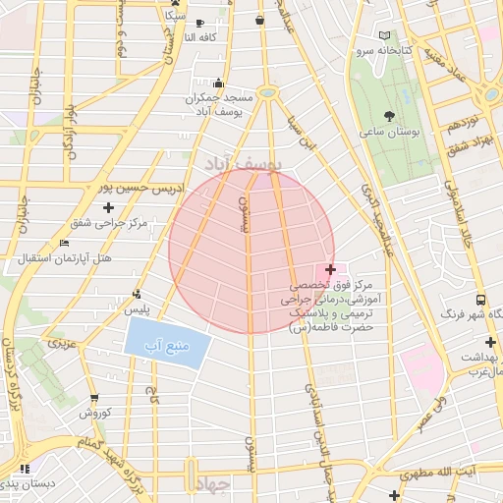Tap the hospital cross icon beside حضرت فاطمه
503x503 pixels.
[330, 269]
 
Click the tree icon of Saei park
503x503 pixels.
[403, 116]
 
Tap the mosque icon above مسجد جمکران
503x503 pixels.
[218, 84]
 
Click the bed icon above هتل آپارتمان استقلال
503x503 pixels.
[65, 243]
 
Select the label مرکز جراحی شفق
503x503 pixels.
[109, 223]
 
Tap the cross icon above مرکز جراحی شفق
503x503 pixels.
[108, 207]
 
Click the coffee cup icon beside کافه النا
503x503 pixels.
[200, 23]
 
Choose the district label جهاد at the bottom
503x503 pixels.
[211, 485]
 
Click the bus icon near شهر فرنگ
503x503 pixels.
[481, 299]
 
